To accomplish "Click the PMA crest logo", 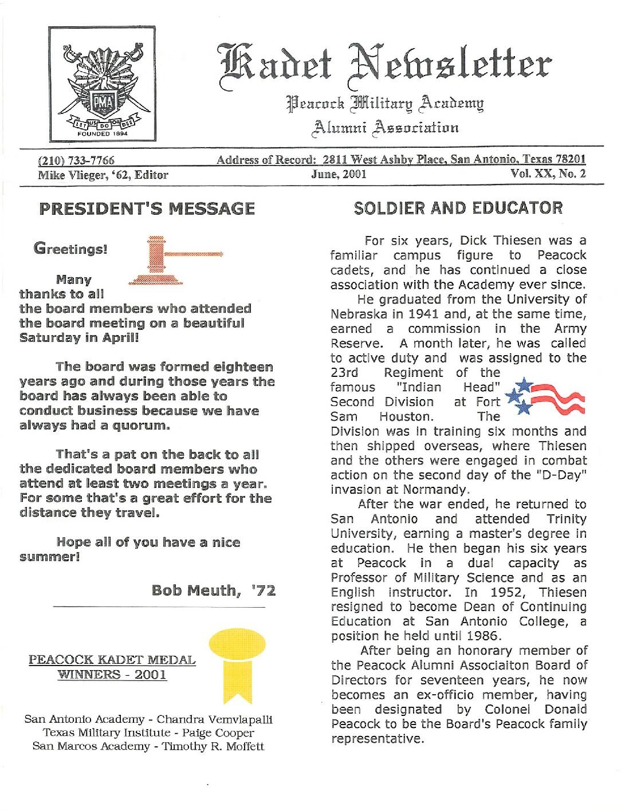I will point(102,84).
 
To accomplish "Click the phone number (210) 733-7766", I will point(76,160).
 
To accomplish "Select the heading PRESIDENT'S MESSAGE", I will point(147,208).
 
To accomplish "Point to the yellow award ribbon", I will point(237,664).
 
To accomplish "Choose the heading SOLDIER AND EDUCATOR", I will point(458,208).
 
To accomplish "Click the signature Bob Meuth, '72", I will point(214,590).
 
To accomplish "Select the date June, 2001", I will point(339,174).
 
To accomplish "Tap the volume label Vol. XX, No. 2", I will point(548,174).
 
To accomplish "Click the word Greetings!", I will point(70,249).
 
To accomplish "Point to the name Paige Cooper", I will point(218,733).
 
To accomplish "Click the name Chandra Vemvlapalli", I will point(214,719).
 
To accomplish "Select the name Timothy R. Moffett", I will point(213,746).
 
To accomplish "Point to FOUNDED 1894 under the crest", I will point(103,134).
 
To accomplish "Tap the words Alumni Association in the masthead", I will point(384,127).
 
